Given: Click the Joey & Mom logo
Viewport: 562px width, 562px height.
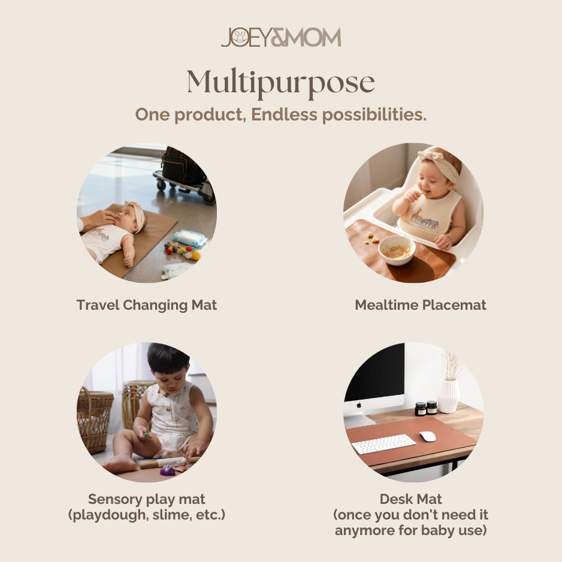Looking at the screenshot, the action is click(280, 37).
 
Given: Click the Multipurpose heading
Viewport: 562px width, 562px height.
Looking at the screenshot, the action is click(280, 83).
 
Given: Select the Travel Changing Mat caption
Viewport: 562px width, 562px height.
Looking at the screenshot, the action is click(147, 306).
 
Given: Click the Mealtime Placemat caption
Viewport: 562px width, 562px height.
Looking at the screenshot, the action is click(421, 305).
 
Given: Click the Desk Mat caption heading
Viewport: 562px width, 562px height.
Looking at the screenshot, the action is click(411, 499).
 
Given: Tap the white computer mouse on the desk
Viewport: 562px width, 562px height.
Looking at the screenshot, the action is click(428, 436).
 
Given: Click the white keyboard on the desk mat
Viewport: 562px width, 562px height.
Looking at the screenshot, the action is click(383, 444).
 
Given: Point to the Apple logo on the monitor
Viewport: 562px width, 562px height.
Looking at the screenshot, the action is click(359, 405).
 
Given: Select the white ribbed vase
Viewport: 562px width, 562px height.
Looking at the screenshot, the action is click(448, 395).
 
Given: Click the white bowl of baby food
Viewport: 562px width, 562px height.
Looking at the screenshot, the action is click(397, 250).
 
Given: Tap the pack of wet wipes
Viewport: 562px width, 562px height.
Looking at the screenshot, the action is click(189, 238).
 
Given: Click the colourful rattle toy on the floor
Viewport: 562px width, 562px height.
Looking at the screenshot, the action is click(182, 250).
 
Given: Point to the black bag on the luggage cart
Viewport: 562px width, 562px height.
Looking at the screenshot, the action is click(182, 166).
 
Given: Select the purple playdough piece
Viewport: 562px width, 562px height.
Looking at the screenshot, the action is click(167, 470).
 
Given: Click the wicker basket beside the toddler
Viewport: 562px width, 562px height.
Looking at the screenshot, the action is click(95, 419).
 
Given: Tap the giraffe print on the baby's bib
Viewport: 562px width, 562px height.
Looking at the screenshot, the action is click(416, 216).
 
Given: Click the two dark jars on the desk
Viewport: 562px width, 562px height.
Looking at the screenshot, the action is click(426, 408).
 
